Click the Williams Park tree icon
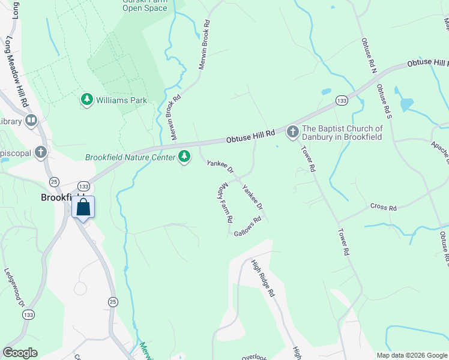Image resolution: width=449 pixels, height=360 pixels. [87, 100]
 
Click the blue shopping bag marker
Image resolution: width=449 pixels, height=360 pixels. [83, 208]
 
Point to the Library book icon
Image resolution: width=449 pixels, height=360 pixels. [31, 121]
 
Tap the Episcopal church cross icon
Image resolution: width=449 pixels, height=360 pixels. [41, 152]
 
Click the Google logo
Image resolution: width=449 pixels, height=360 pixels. [20, 353]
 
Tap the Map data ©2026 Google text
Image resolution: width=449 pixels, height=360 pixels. [411, 355]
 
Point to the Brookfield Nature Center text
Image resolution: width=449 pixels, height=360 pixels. [130, 157]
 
